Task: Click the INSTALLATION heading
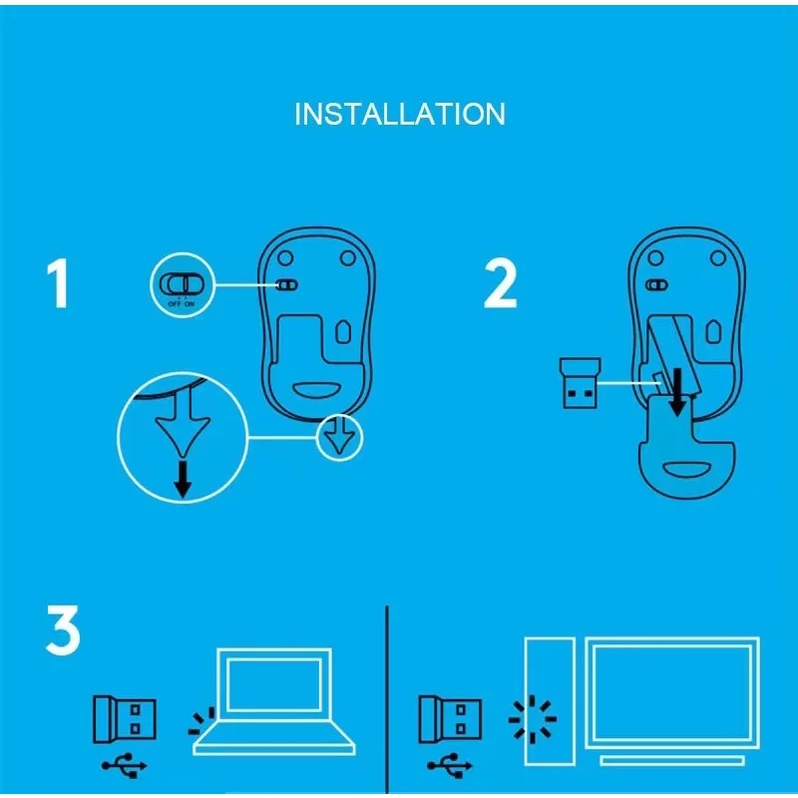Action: coord(399,114)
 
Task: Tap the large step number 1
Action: coord(58,283)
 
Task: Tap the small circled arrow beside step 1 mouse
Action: coord(342,439)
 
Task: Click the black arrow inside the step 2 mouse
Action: coord(678,390)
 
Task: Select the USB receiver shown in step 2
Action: coord(578,381)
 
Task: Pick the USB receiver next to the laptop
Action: coord(126,719)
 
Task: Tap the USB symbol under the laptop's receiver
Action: coord(125,766)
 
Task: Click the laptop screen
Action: coord(274,685)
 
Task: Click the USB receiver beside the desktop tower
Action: coord(450,719)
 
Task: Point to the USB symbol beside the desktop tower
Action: coord(450,766)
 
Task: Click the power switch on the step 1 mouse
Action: coord(286,284)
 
